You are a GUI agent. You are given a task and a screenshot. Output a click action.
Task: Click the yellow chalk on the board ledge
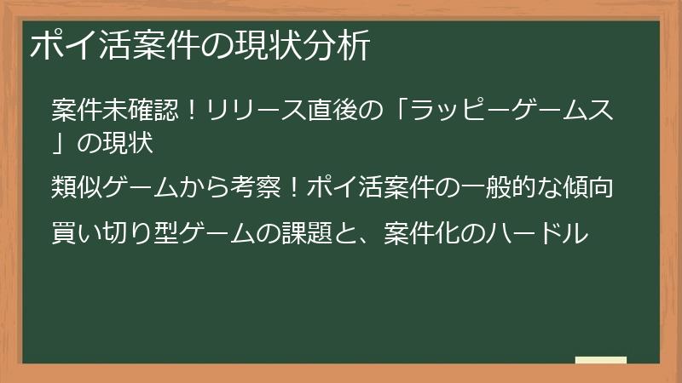600,361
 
